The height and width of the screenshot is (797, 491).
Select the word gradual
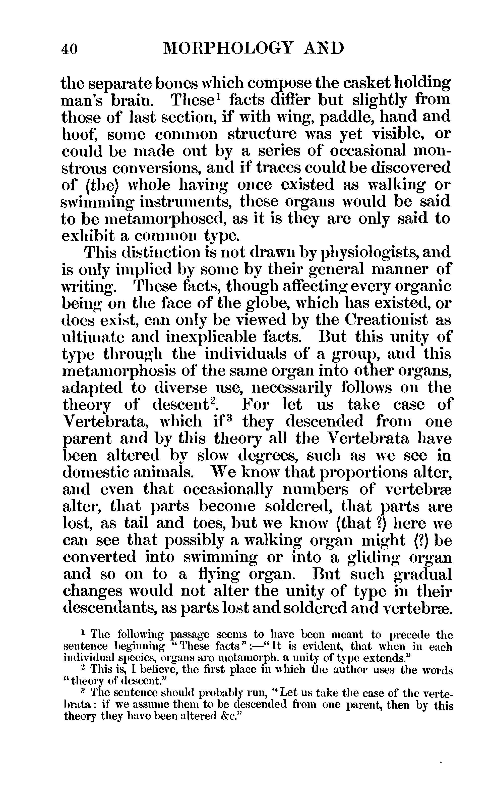coord(422,574)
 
